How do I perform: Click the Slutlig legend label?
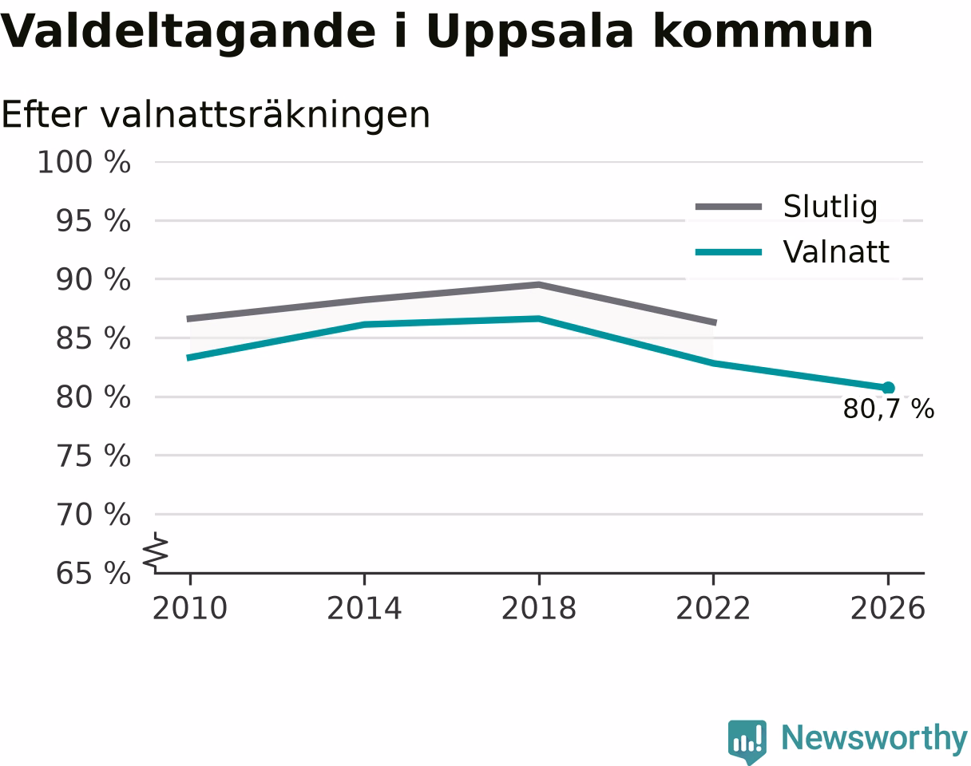click(x=830, y=207)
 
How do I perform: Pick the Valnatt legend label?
click(x=836, y=252)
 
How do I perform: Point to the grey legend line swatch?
click(x=729, y=207)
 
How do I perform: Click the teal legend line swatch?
click(x=729, y=252)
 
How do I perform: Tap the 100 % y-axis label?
click(x=85, y=162)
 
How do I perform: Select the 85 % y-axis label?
click(x=93, y=338)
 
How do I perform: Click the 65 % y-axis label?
click(x=93, y=574)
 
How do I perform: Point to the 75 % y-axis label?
click(x=93, y=456)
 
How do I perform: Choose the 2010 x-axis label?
click(x=190, y=609)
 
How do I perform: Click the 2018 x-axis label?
click(x=539, y=609)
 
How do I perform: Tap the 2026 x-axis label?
click(x=888, y=609)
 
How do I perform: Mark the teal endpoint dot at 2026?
click(x=888, y=388)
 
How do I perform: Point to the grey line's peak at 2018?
click(x=539, y=285)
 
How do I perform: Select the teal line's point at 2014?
click(x=365, y=324)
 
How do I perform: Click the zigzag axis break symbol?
click(x=156, y=551)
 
